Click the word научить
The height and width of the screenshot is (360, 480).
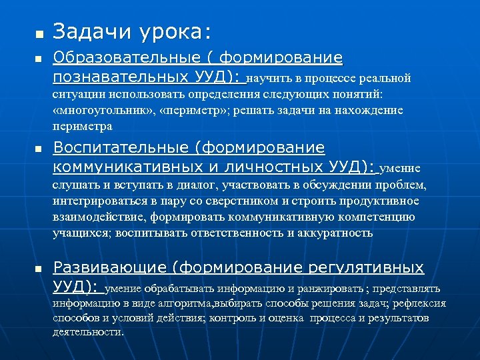click(x=267, y=79)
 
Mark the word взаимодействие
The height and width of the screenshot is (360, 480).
click(x=99, y=217)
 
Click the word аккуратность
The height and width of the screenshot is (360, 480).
click(x=336, y=233)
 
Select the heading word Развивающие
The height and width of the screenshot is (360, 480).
click(x=109, y=268)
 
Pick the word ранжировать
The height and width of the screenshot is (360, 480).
click(x=331, y=289)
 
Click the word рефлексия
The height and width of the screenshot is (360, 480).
click(x=419, y=303)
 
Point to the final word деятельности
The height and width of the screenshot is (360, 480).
click(x=88, y=331)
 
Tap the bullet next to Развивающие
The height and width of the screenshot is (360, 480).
click(x=38, y=269)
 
